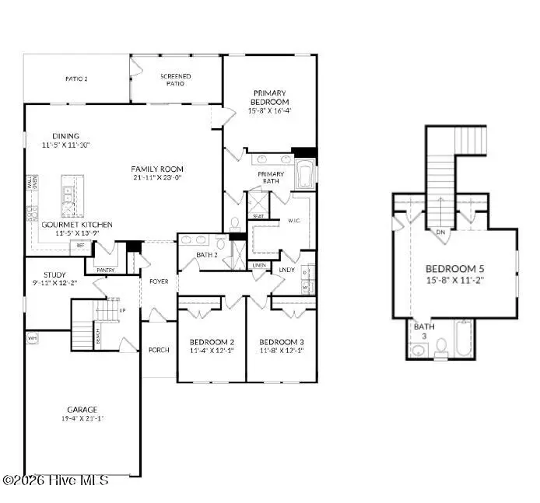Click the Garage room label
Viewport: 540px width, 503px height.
(x=82, y=410)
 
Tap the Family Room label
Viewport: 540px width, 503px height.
(x=156, y=168)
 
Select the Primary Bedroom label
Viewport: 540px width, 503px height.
(x=269, y=97)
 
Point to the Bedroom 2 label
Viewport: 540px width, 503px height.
(x=212, y=342)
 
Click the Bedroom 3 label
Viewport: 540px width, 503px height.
(x=281, y=342)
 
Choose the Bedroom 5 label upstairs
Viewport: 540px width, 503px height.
(x=455, y=270)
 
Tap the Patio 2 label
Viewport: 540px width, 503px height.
(x=75, y=79)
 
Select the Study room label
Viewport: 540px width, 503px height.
(x=54, y=274)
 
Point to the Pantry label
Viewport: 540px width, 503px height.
(x=105, y=270)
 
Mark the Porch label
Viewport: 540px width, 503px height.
(x=159, y=350)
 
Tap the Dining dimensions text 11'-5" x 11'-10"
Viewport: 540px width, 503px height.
(x=66, y=145)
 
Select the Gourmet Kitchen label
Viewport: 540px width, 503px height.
(x=76, y=225)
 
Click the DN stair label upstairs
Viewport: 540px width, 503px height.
(x=440, y=232)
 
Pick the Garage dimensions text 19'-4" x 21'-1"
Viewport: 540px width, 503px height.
(x=82, y=419)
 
